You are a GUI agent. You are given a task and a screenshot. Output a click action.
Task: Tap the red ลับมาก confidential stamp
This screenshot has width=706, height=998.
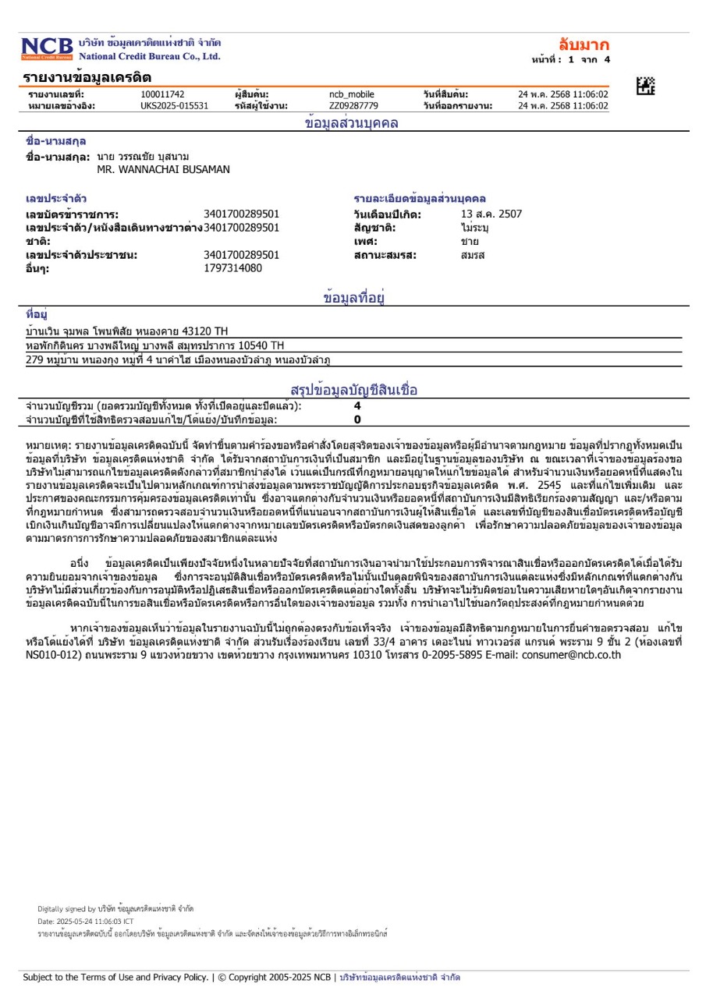pyautogui.click(x=584, y=44)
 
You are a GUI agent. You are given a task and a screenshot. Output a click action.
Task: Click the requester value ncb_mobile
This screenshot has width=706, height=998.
pyautogui.click(x=352, y=94)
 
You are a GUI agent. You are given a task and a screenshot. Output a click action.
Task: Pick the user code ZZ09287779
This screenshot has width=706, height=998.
pyautogui.click(x=353, y=106)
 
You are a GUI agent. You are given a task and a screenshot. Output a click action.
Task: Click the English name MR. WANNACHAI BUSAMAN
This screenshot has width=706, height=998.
pyautogui.click(x=164, y=168)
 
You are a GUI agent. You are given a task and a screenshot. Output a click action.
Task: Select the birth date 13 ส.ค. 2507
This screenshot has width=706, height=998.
pyautogui.click(x=491, y=214)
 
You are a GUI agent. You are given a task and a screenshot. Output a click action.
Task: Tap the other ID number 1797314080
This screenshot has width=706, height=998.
pyautogui.click(x=232, y=267)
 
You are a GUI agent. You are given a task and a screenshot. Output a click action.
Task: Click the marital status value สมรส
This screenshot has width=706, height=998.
pyautogui.click(x=473, y=254)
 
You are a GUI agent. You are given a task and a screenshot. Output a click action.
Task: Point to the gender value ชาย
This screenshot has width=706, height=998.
pyautogui.click(x=470, y=241)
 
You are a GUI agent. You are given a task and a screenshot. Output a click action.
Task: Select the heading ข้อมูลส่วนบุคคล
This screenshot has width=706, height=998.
pyautogui.click(x=352, y=122)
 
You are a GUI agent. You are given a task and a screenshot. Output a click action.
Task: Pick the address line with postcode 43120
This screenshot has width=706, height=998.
pyautogui.click(x=127, y=331)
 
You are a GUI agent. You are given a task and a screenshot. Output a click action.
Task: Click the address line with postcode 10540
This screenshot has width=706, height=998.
pyautogui.click(x=155, y=345)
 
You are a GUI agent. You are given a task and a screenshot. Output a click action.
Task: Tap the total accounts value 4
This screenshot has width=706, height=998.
pyautogui.click(x=357, y=405)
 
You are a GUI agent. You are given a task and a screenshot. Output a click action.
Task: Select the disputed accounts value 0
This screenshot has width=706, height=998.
pyautogui.click(x=357, y=419)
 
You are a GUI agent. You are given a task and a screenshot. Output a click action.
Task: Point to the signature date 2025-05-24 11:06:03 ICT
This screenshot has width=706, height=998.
pyautogui.click(x=85, y=921)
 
